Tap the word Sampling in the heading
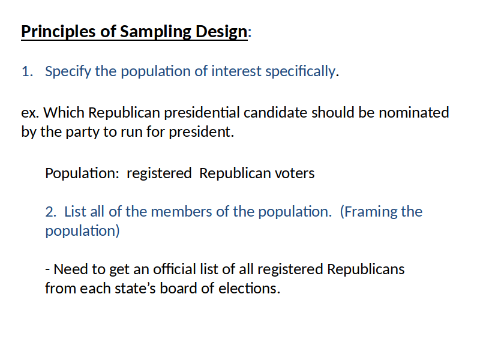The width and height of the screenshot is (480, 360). pos(155,32)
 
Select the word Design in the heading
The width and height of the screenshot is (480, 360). pos(221,32)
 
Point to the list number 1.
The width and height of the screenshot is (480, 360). pos(27,71)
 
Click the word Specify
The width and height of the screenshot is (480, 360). pos(68,72)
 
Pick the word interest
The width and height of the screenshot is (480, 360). pos(236,71)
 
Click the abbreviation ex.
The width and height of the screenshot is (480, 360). pos(30,113)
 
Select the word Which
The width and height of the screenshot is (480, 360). pos(64,113)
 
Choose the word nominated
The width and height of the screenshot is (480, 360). pos(413,113)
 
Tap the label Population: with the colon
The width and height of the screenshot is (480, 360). pos(82,174)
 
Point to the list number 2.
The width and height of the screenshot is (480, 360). pos(51,212)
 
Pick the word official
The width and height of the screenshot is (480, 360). pos(174,269)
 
